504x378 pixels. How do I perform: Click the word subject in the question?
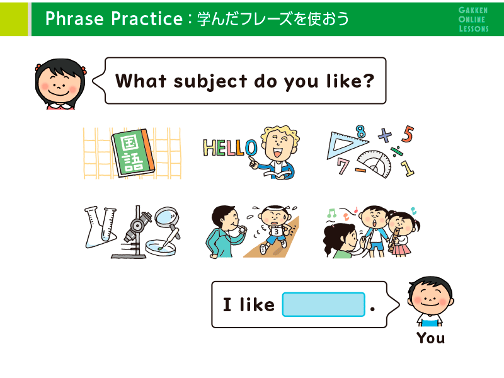pos(210,82)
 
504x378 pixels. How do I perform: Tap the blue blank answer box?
pos(323,304)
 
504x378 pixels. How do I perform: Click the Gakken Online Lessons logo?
pos(473,20)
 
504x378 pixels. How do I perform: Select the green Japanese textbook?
pos(132,152)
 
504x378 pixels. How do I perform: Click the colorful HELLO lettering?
pos(230,148)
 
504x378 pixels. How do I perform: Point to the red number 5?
pos(408,134)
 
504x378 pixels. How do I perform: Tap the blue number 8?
pos(360,132)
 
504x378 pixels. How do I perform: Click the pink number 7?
pos(343,166)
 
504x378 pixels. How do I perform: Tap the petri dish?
pos(161,248)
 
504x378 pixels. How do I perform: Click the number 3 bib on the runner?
pos(276,231)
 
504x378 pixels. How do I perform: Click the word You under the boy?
pos(431,338)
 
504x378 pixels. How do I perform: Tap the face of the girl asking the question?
pos(59,84)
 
